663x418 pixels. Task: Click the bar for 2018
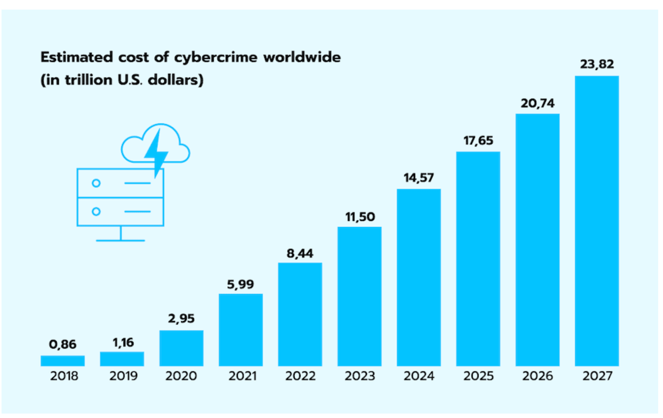63,361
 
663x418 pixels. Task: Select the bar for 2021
241,330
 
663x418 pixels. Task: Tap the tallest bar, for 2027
597,221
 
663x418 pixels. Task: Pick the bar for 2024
419,278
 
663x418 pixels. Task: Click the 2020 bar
181,348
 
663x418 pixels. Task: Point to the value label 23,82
597,64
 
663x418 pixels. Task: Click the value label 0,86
63,344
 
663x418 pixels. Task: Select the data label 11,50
360,217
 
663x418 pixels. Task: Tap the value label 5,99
240,284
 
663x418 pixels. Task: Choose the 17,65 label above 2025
478,141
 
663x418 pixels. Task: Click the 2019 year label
123,376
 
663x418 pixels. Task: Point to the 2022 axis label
300,376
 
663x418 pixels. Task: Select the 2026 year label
537,376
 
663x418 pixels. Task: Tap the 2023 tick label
360,376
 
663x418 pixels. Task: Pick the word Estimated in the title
77,57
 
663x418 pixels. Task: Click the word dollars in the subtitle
176,80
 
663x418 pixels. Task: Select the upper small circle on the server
96,183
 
